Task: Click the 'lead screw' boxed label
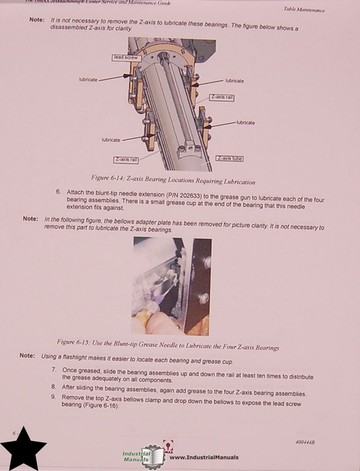(126, 57)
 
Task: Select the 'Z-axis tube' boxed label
(229, 158)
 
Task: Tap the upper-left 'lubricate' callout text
(88, 79)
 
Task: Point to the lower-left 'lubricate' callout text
(111, 140)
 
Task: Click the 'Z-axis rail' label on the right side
(222, 98)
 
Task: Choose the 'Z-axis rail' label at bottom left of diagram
(126, 159)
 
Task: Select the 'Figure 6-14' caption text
(173, 180)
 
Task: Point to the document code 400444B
(305, 443)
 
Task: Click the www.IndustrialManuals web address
(204, 457)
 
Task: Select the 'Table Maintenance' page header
(304, 10)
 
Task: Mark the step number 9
(53, 397)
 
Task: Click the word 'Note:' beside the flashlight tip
(27, 356)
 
